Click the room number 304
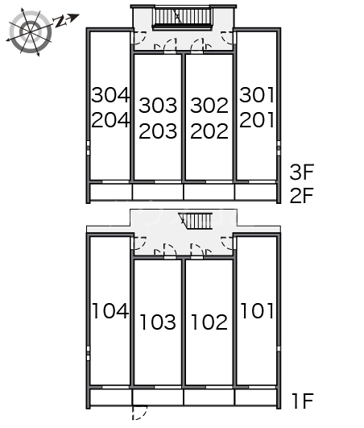point(110,95)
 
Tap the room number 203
point(158,131)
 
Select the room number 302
point(209,106)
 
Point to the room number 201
point(257,120)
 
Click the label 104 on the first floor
point(110,310)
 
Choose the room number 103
point(158,322)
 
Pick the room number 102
point(209,322)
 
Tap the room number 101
point(257,310)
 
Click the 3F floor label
point(302,172)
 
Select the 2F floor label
point(302,195)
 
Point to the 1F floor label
point(303,401)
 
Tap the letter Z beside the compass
point(60,22)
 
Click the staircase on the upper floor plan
point(182,18)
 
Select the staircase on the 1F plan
point(196,221)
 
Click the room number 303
point(158,106)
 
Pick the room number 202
point(209,131)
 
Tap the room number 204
point(110,120)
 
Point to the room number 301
point(257,95)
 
